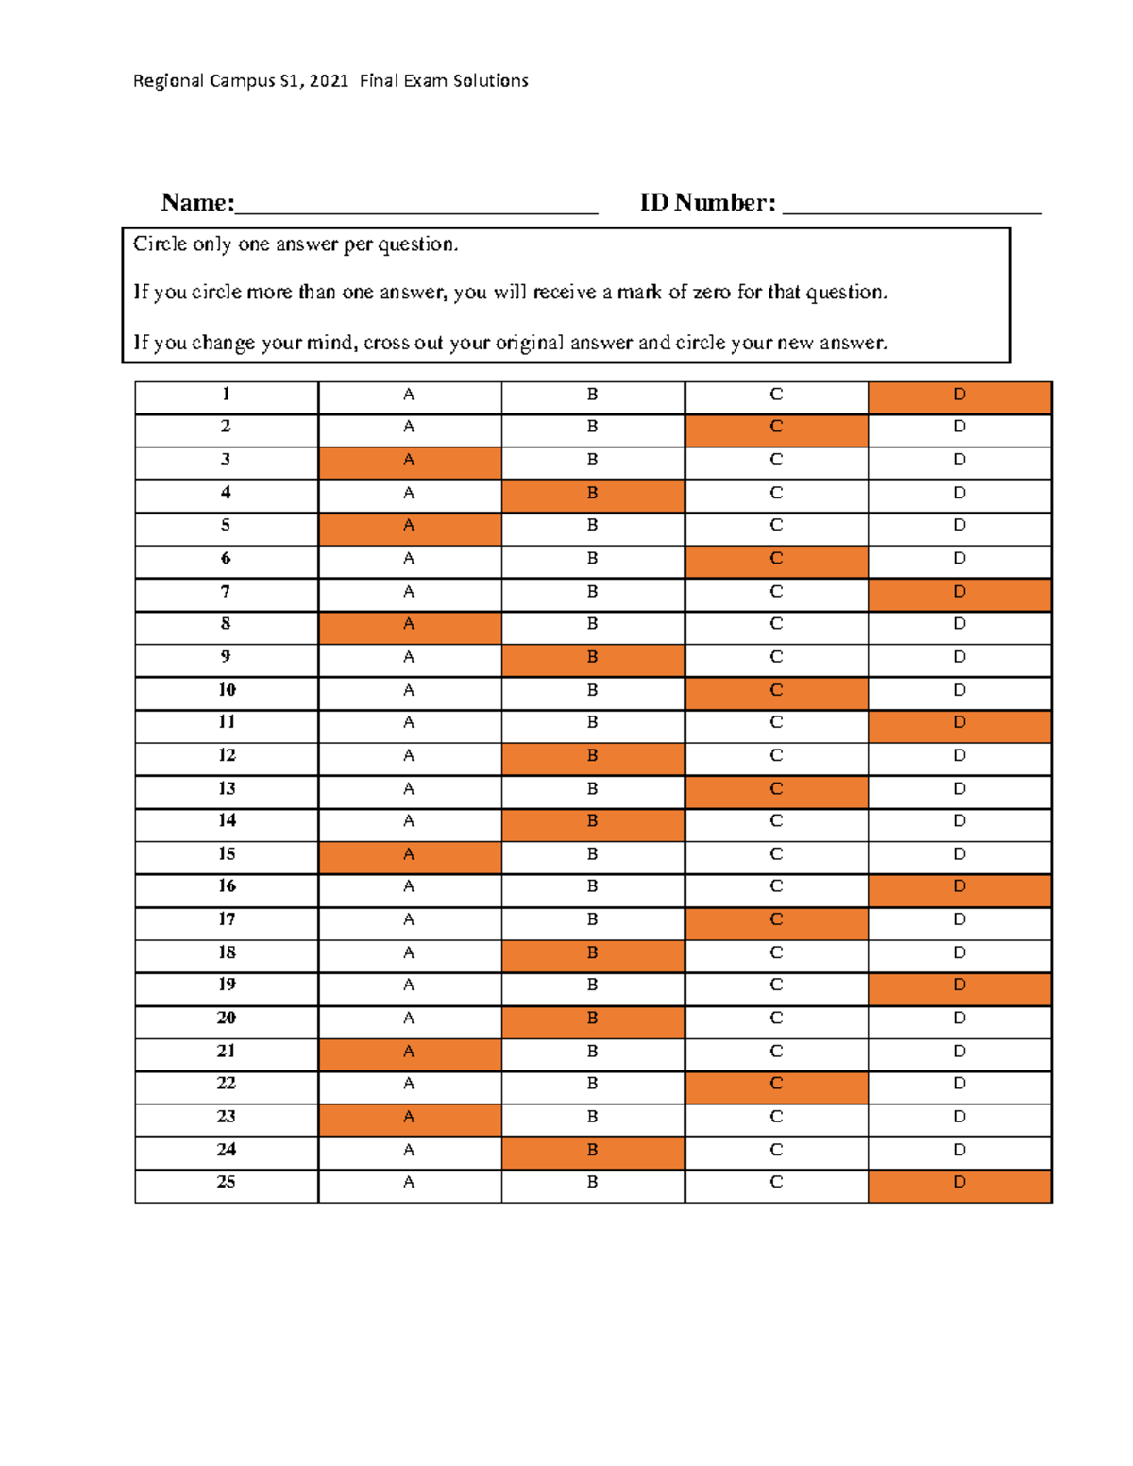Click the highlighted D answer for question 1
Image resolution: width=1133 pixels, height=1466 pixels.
959,396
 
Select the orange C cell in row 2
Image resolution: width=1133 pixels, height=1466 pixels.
776,428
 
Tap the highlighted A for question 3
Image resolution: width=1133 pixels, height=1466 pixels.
410,461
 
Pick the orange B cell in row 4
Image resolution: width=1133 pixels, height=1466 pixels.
593,494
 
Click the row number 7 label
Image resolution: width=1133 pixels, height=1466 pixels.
226,592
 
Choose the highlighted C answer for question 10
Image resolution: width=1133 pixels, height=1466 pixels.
776,691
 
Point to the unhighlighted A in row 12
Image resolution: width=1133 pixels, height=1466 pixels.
410,756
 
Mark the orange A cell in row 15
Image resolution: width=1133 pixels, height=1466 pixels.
410,855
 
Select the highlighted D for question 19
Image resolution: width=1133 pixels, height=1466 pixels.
959,986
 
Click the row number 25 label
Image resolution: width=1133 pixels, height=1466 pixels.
226,1183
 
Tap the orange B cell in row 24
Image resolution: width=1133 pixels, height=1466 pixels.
593,1151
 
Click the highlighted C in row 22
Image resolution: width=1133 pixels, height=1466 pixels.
776,1085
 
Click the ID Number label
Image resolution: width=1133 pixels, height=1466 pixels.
707,203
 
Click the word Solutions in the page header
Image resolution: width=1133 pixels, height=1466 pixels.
491,81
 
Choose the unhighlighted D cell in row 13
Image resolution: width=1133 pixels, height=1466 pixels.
959,789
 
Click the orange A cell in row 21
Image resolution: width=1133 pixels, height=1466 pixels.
410,1052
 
